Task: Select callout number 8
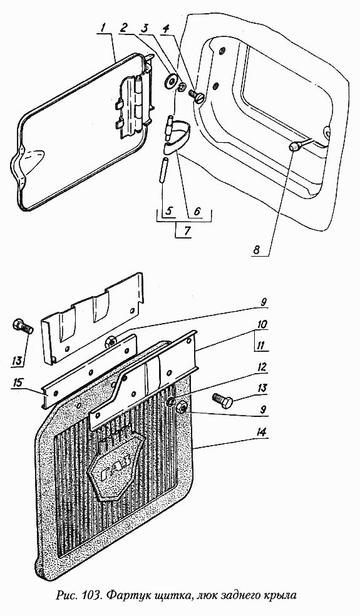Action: click(256, 250)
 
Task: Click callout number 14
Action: click(260, 433)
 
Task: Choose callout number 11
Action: click(260, 346)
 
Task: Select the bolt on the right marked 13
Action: click(223, 401)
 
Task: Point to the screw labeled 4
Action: click(197, 96)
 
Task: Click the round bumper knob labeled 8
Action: click(294, 147)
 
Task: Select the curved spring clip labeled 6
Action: click(177, 136)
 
